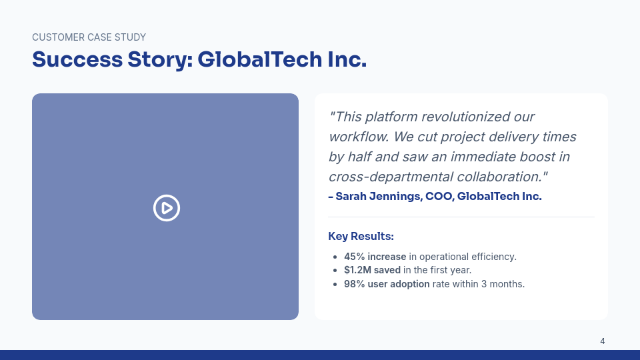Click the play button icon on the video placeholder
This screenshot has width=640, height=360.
[167, 208]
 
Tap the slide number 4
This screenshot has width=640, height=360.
[603, 341]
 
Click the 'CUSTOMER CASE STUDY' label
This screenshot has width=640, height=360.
[89, 37]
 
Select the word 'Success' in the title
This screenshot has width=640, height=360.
[77, 59]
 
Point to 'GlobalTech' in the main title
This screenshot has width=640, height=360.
[260, 59]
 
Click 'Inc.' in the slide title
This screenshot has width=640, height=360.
[347, 59]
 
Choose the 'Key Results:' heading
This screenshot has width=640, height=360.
[361, 236]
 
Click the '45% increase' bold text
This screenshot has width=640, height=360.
[375, 257]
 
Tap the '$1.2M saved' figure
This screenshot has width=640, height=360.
[372, 270]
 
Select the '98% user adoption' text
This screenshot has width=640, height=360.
[387, 284]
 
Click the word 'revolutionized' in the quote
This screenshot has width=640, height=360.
[465, 117]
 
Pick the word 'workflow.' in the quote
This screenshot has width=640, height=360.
[359, 137]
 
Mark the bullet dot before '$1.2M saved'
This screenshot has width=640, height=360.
[335, 271]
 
